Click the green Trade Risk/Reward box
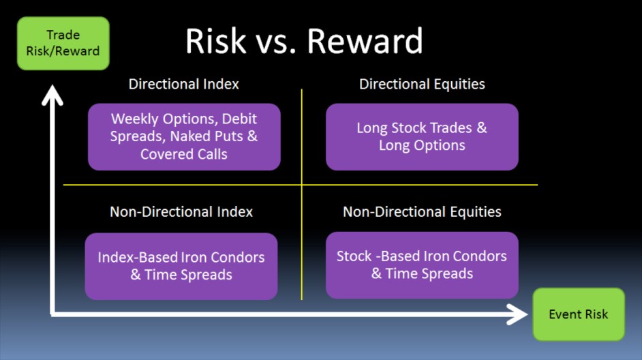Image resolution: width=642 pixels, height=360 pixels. click(63, 43)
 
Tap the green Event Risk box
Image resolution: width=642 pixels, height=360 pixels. click(579, 314)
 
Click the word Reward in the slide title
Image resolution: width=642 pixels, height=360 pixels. click(365, 41)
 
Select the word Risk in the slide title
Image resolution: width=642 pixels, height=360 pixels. click(216, 41)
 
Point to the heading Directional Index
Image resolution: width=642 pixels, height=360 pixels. click(183, 84)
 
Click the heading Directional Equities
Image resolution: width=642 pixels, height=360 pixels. click(422, 84)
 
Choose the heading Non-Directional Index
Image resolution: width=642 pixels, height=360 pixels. click(181, 212)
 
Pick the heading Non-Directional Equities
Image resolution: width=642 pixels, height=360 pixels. click(422, 212)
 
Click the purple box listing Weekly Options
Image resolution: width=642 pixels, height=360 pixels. click(184, 137)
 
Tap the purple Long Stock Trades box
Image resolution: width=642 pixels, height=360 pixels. click(422, 137)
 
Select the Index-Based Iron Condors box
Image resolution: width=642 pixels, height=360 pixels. click(181, 266)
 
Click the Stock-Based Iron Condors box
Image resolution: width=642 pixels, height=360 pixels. click(422, 265)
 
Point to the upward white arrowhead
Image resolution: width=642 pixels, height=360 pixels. click(52, 94)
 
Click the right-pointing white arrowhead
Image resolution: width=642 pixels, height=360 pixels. click(517, 314)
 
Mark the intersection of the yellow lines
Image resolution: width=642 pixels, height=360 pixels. click(302, 185)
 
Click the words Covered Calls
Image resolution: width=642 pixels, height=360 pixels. click(184, 154)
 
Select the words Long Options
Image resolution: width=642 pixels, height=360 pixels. click(422, 145)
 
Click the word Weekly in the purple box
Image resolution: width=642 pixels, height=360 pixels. click(135, 119)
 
